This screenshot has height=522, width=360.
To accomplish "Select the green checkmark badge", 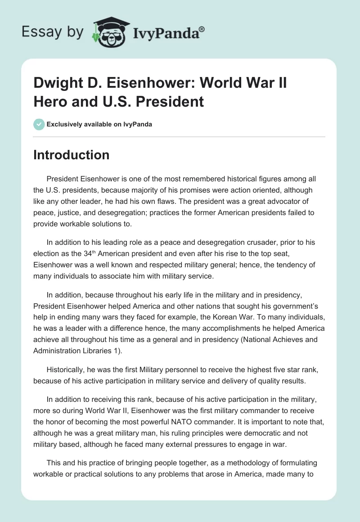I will click(x=39, y=124).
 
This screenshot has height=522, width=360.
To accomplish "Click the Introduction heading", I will click(x=72, y=155).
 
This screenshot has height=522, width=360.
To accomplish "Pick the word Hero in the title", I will click(x=48, y=102).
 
